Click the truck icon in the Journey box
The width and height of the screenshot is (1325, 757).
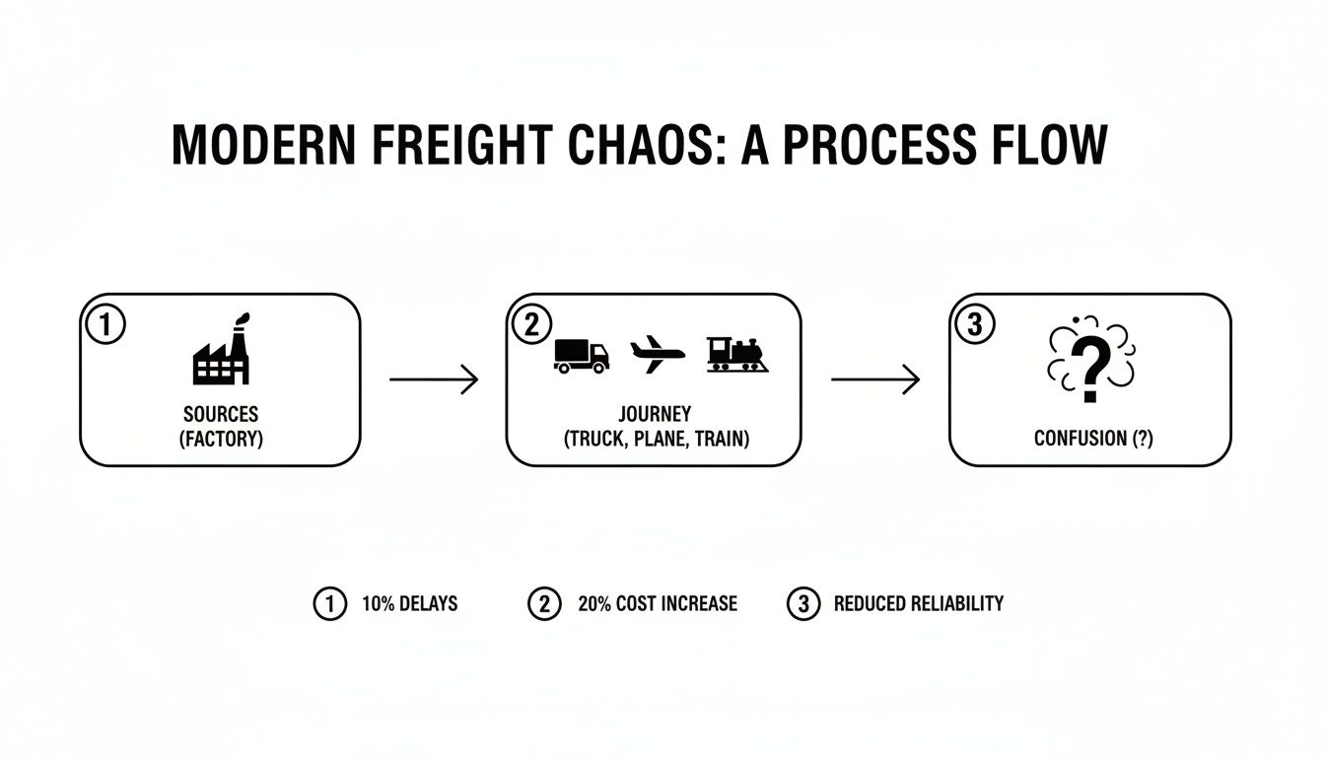582,355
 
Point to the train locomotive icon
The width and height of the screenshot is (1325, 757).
737,354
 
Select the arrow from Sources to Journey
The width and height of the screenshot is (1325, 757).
434,379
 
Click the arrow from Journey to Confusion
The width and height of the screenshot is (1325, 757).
875,379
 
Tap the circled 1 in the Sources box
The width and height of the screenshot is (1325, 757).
106,324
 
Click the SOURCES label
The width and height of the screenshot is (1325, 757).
221,415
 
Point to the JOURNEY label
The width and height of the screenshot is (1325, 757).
656,414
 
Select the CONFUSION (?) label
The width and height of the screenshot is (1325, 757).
1092,439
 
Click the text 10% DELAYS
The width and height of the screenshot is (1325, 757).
409,603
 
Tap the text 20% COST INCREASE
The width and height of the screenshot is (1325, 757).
657,603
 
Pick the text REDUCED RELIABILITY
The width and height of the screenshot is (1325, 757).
918,603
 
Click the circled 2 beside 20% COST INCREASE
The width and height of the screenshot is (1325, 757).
544,603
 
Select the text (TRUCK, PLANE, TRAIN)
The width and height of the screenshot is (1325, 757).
656,440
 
